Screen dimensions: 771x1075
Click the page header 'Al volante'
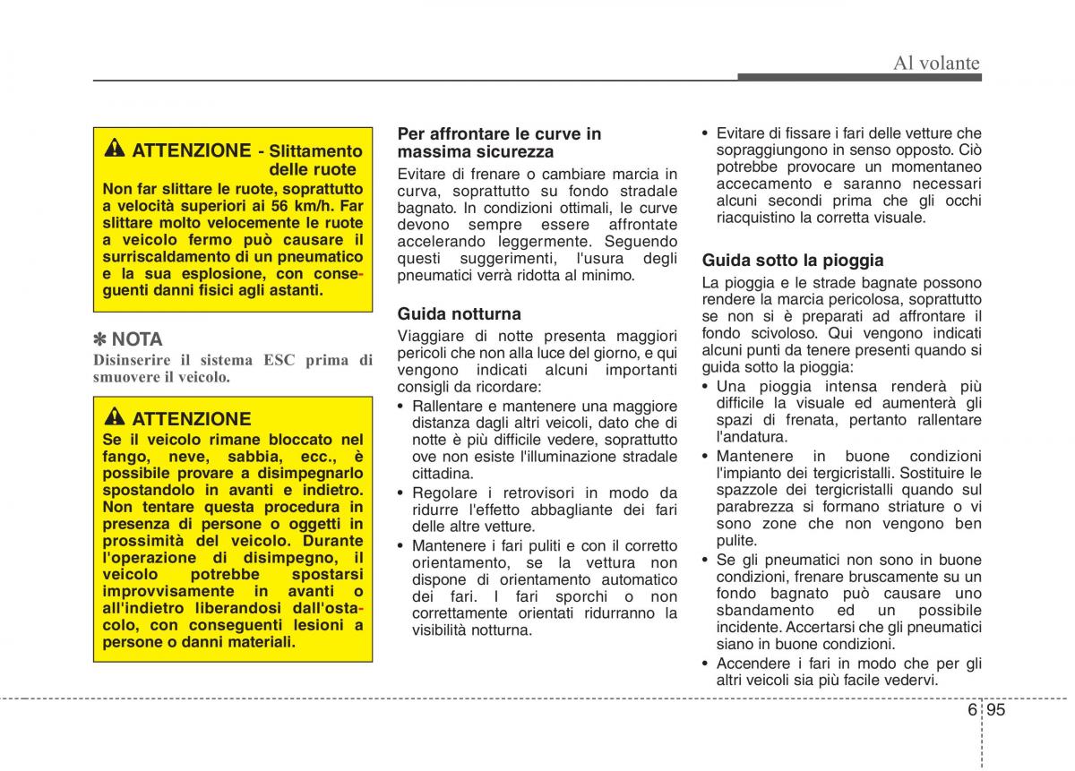click(936, 63)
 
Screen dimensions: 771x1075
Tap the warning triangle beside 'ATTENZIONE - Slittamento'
click(115, 150)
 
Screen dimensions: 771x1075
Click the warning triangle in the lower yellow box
click(115, 418)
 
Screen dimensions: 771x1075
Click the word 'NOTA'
click(137, 339)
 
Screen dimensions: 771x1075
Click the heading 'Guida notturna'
click(459, 314)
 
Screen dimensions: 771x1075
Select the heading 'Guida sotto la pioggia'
click(793, 261)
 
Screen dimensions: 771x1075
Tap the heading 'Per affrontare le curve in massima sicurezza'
click(499, 142)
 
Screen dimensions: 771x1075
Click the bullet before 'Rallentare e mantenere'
click(401, 407)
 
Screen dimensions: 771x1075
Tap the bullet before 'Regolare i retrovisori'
click(401, 493)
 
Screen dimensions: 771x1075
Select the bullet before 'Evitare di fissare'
click(706, 133)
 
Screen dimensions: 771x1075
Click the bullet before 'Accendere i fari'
click(706, 664)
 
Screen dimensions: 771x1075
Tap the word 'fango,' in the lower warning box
click(125, 457)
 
